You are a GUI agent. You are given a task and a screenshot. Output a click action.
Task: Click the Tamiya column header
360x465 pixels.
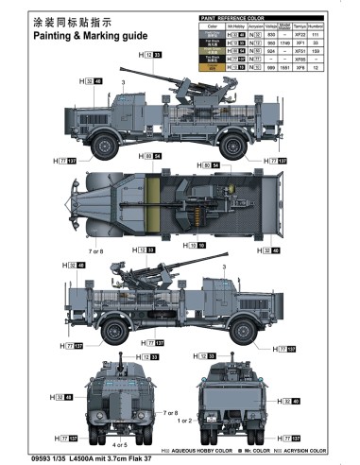[302, 27]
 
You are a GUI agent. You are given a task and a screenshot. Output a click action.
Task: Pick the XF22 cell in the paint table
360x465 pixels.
[302, 35]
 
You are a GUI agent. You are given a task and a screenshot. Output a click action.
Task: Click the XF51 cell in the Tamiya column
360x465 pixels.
[302, 52]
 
